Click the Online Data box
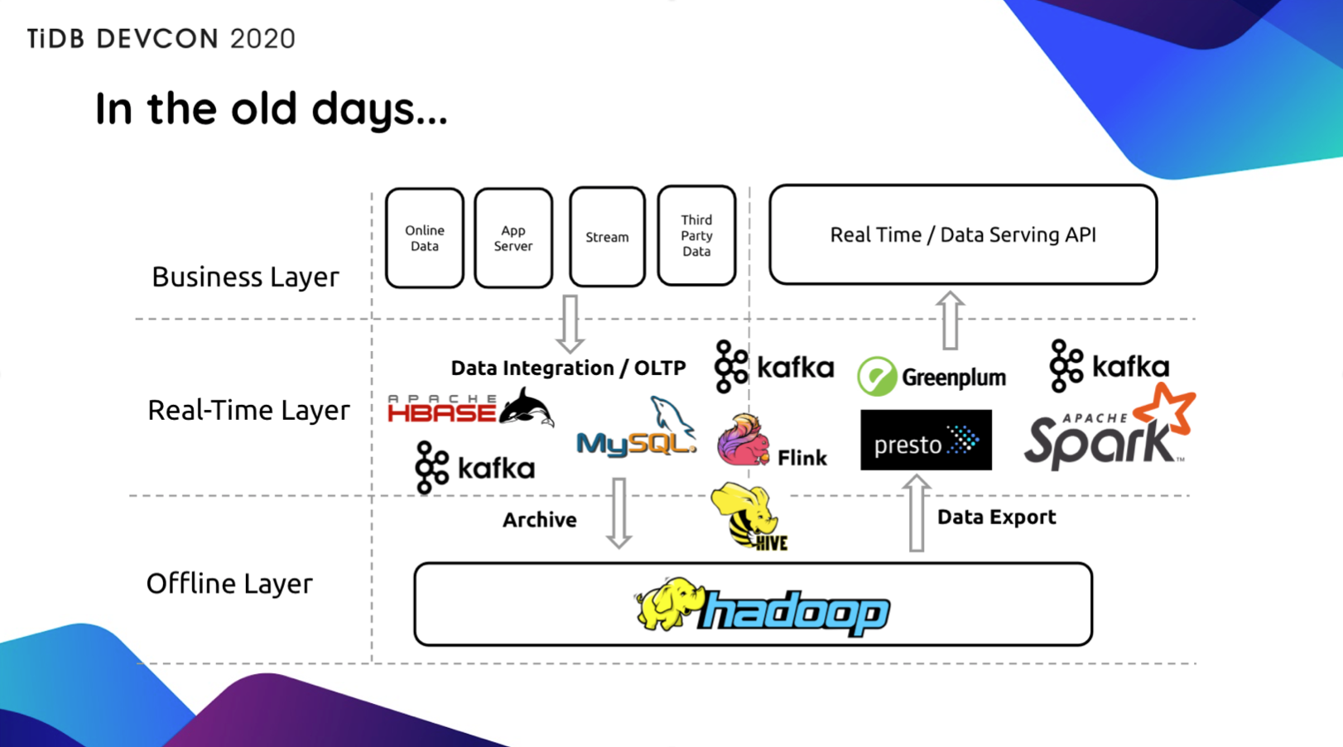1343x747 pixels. tap(425, 238)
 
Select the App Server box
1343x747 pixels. tap(513, 238)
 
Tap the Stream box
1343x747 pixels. tap(608, 237)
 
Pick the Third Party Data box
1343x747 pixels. tap(696, 235)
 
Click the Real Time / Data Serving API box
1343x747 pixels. tap(963, 234)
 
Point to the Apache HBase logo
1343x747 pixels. tap(470, 407)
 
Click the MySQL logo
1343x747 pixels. tap(637, 427)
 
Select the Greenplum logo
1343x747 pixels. tap(931, 377)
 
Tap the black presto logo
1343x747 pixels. tap(926, 440)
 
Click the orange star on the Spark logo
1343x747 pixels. tap(1166, 409)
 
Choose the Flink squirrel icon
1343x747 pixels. tap(743, 440)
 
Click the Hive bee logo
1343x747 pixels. tap(749, 516)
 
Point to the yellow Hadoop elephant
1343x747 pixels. tap(668, 604)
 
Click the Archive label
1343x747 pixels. tap(540, 520)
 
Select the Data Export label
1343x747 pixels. tap(996, 517)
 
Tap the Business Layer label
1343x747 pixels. tap(245, 277)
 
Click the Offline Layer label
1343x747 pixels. tap(229, 583)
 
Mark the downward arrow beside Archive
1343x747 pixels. tap(619, 513)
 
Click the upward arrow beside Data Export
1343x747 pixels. tap(917, 513)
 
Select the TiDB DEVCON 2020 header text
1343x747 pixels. tap(161, 39)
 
